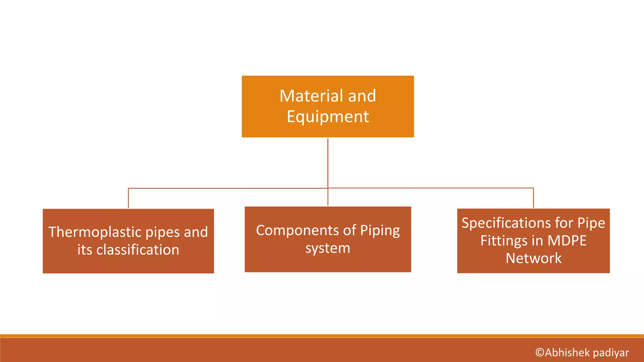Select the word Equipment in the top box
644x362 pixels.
pos(328,117)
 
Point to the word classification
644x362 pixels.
pos(138,250)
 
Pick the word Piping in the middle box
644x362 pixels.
pos(380,231)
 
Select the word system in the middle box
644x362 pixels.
pos(328,248)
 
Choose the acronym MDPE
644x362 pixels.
pos(567,241)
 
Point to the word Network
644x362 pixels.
pos(533,258)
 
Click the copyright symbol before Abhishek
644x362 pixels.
pos(540,353)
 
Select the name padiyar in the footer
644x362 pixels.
pos(611,353)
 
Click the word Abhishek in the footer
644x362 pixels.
pos(568,353)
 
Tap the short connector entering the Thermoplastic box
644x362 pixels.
pos(128,198)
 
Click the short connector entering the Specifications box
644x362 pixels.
pos(533,198)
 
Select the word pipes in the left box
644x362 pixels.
pos(163,233)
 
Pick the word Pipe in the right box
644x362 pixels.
pos(591,223)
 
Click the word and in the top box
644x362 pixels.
pos(362,96)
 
